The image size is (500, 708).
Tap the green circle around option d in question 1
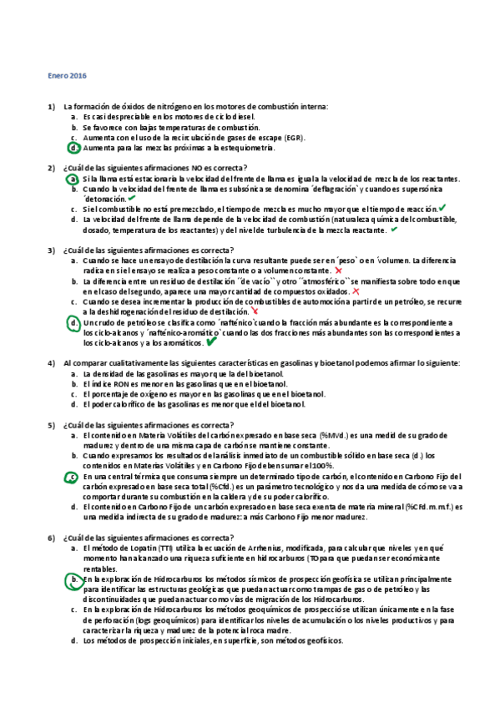(74, 148)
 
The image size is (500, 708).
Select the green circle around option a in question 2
(74, 179)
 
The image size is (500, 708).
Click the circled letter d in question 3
(74, 322)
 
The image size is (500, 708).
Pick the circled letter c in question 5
(73, 476)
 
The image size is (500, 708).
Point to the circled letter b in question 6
(74, 579)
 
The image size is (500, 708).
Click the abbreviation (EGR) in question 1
(293, 138)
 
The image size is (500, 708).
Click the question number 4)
(52, 363)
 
